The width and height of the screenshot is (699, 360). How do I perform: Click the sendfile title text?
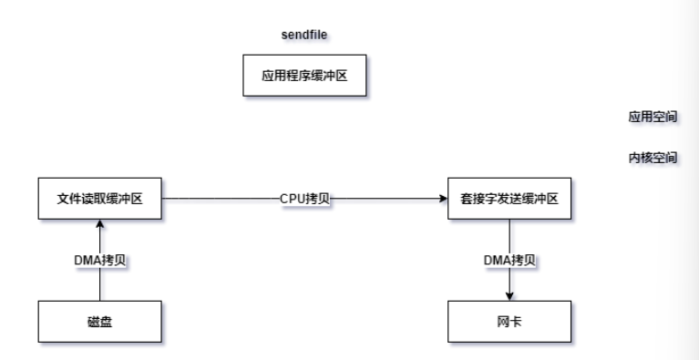(x=304, y=34)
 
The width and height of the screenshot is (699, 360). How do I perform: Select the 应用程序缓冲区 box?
(x=304, y=76)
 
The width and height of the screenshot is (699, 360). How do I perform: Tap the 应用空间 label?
(x=653, y=118)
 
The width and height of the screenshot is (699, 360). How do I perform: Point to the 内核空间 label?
(x=653, y=158)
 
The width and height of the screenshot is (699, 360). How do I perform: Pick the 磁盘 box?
(x=100, y=324)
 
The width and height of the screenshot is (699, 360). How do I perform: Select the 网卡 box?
(x=509, y=324)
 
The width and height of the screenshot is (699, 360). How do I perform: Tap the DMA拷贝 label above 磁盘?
(x=100, y=260)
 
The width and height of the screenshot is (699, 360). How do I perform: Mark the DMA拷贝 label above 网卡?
(x=509, y=260)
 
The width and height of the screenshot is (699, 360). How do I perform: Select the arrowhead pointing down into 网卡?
(x=509, y=296)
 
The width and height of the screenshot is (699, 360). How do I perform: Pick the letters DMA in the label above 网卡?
(x=496, y=260)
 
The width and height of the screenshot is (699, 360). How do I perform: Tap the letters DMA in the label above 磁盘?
(x=87, y=260)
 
